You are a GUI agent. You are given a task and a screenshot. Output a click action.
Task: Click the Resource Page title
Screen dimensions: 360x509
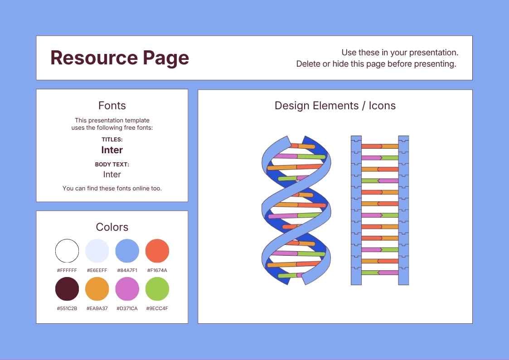point(120,58)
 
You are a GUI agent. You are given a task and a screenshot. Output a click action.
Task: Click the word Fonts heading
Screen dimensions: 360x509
point(112,106)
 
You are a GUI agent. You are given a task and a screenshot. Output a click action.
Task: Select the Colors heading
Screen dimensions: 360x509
point(112,227)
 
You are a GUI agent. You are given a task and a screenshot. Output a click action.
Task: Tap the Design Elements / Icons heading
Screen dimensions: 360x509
point(335,106)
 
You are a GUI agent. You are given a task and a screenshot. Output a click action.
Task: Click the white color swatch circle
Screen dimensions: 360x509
point(67,251)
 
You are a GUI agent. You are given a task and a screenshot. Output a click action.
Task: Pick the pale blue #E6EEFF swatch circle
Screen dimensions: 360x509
point(97,251)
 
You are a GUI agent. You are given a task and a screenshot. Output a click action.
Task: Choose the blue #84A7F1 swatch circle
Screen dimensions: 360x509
point(127,251)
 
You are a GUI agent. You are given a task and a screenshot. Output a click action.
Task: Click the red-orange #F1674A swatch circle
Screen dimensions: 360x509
point(157,251)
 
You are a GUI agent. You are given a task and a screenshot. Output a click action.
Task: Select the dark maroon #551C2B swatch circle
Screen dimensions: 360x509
point(67,289)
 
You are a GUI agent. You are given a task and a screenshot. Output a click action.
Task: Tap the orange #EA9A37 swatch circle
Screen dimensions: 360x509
point(97,289)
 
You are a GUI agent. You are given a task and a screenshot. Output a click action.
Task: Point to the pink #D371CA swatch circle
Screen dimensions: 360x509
point(127,289)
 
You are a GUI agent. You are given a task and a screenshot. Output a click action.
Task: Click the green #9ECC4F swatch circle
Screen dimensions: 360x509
point(157,289)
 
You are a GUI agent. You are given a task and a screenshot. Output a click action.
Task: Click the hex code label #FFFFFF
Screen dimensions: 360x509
point(67,270)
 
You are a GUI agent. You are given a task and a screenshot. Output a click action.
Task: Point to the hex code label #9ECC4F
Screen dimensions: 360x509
point(157,308)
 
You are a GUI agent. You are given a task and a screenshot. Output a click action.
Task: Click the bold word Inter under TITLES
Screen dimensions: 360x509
point(112,150)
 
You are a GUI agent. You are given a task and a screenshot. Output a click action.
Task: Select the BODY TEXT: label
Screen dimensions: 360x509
point(112,165)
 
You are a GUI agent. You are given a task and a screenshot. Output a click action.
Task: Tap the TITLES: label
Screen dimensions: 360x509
point(112,140)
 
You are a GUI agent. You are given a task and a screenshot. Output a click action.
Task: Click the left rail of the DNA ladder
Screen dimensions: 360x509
point(356,210)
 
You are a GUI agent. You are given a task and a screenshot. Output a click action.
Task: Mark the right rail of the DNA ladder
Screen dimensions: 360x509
point(403,210)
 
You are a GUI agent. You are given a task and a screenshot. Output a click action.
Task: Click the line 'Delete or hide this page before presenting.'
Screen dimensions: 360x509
point(376,64)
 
